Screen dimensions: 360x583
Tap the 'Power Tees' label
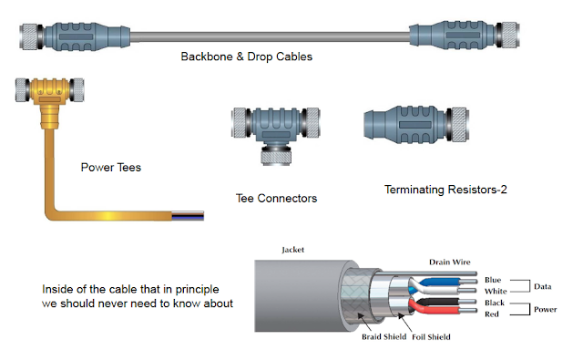110,167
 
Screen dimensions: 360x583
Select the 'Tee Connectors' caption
277,197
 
